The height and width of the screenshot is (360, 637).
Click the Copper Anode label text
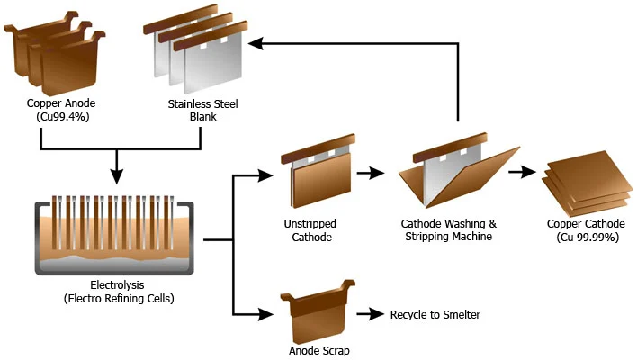click(61, 103)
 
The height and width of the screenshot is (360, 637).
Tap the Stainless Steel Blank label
click(202, 110)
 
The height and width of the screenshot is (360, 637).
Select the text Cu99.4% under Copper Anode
click(63, 117)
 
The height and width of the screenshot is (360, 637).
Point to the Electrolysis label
click(117, 284)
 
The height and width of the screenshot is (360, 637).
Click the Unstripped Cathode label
click(310, 230)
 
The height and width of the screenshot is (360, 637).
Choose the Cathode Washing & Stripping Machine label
click(448, 230)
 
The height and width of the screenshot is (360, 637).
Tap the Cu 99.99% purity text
click(588, 238)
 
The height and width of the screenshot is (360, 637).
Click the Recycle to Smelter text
click(435, 314)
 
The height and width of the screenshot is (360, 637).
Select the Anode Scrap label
click(319, 351)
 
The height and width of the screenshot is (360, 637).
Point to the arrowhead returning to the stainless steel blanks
click(256, 43)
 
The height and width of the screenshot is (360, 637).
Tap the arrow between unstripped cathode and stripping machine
click(371, 173)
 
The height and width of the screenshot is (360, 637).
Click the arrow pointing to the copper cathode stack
click(522, 172)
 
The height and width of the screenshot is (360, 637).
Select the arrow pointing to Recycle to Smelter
click(370, 314)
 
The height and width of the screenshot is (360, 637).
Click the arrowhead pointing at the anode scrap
click(265, 314)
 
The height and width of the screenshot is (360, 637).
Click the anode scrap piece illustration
click(318, 311)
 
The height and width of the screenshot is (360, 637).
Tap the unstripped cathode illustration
click(318, 171)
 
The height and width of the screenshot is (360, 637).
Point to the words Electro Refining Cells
click(119, 299)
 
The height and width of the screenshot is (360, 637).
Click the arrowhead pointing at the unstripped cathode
click(265, 175)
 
